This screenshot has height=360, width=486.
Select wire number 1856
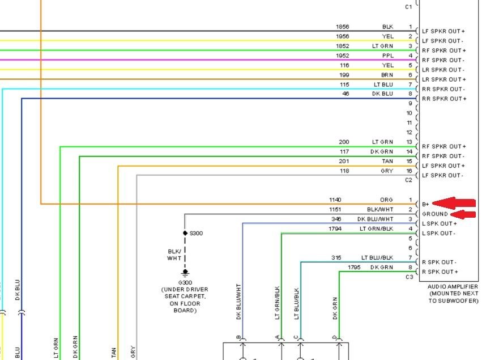(342, 27)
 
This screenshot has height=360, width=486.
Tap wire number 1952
(342, 56)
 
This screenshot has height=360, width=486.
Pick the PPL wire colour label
(387, 56)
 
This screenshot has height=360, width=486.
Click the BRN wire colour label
(387, 75)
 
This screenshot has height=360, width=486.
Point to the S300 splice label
(195, 233)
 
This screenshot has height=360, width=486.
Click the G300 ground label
(185, 282)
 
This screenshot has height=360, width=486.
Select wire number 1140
(336, 200)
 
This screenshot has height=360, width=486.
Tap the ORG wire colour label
(386, 200)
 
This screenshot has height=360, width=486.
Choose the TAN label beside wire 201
(387, 161)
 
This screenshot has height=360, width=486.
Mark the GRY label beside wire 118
(387, 171)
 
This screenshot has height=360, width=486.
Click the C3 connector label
(409, 277)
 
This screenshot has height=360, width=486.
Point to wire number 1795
(354, 267)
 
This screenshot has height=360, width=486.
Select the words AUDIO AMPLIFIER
(453, 287)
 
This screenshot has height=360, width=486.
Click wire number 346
(337, 219)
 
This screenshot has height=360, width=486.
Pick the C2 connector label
(409, 180)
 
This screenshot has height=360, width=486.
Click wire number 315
(337, 258)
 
